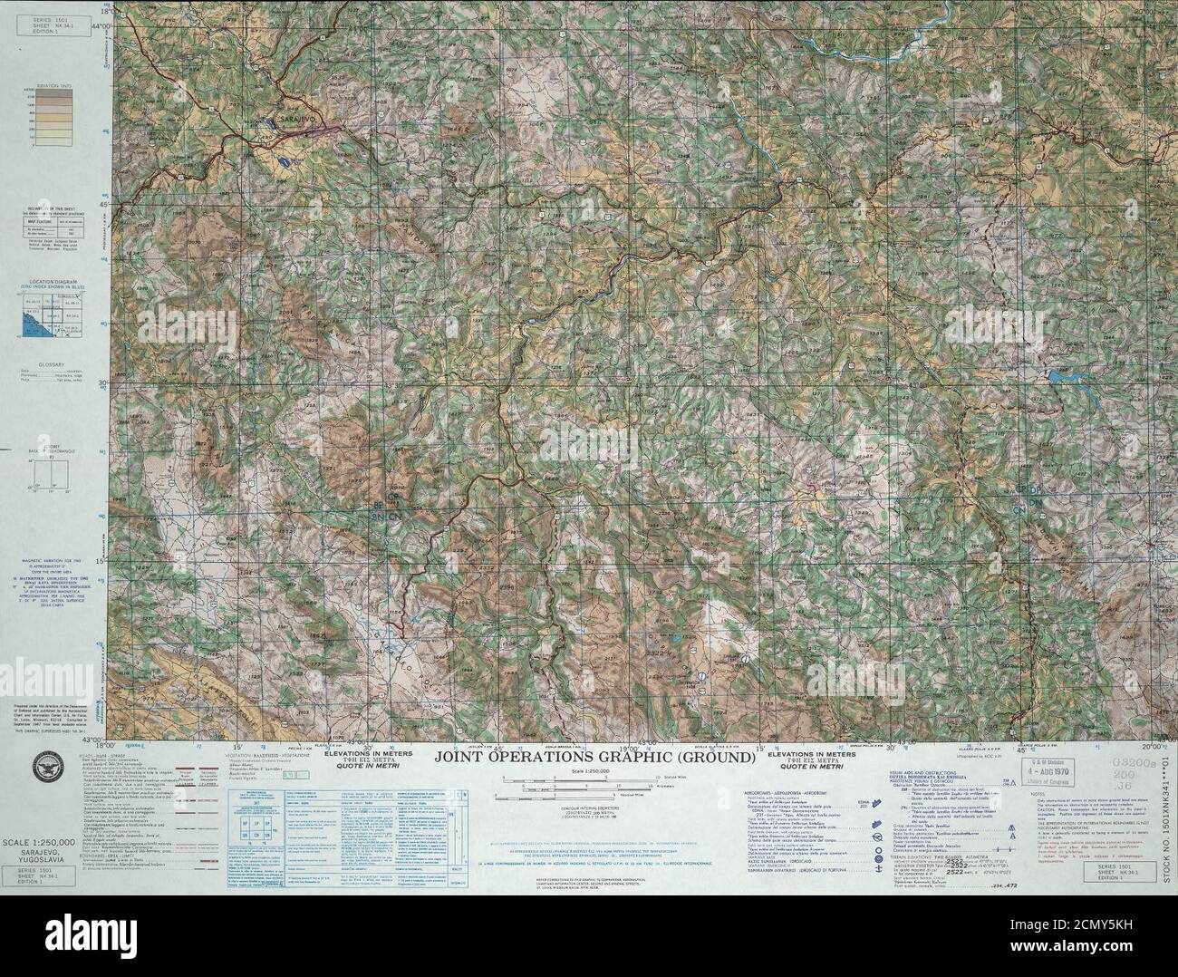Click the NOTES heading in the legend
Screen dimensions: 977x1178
point(1038,794)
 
